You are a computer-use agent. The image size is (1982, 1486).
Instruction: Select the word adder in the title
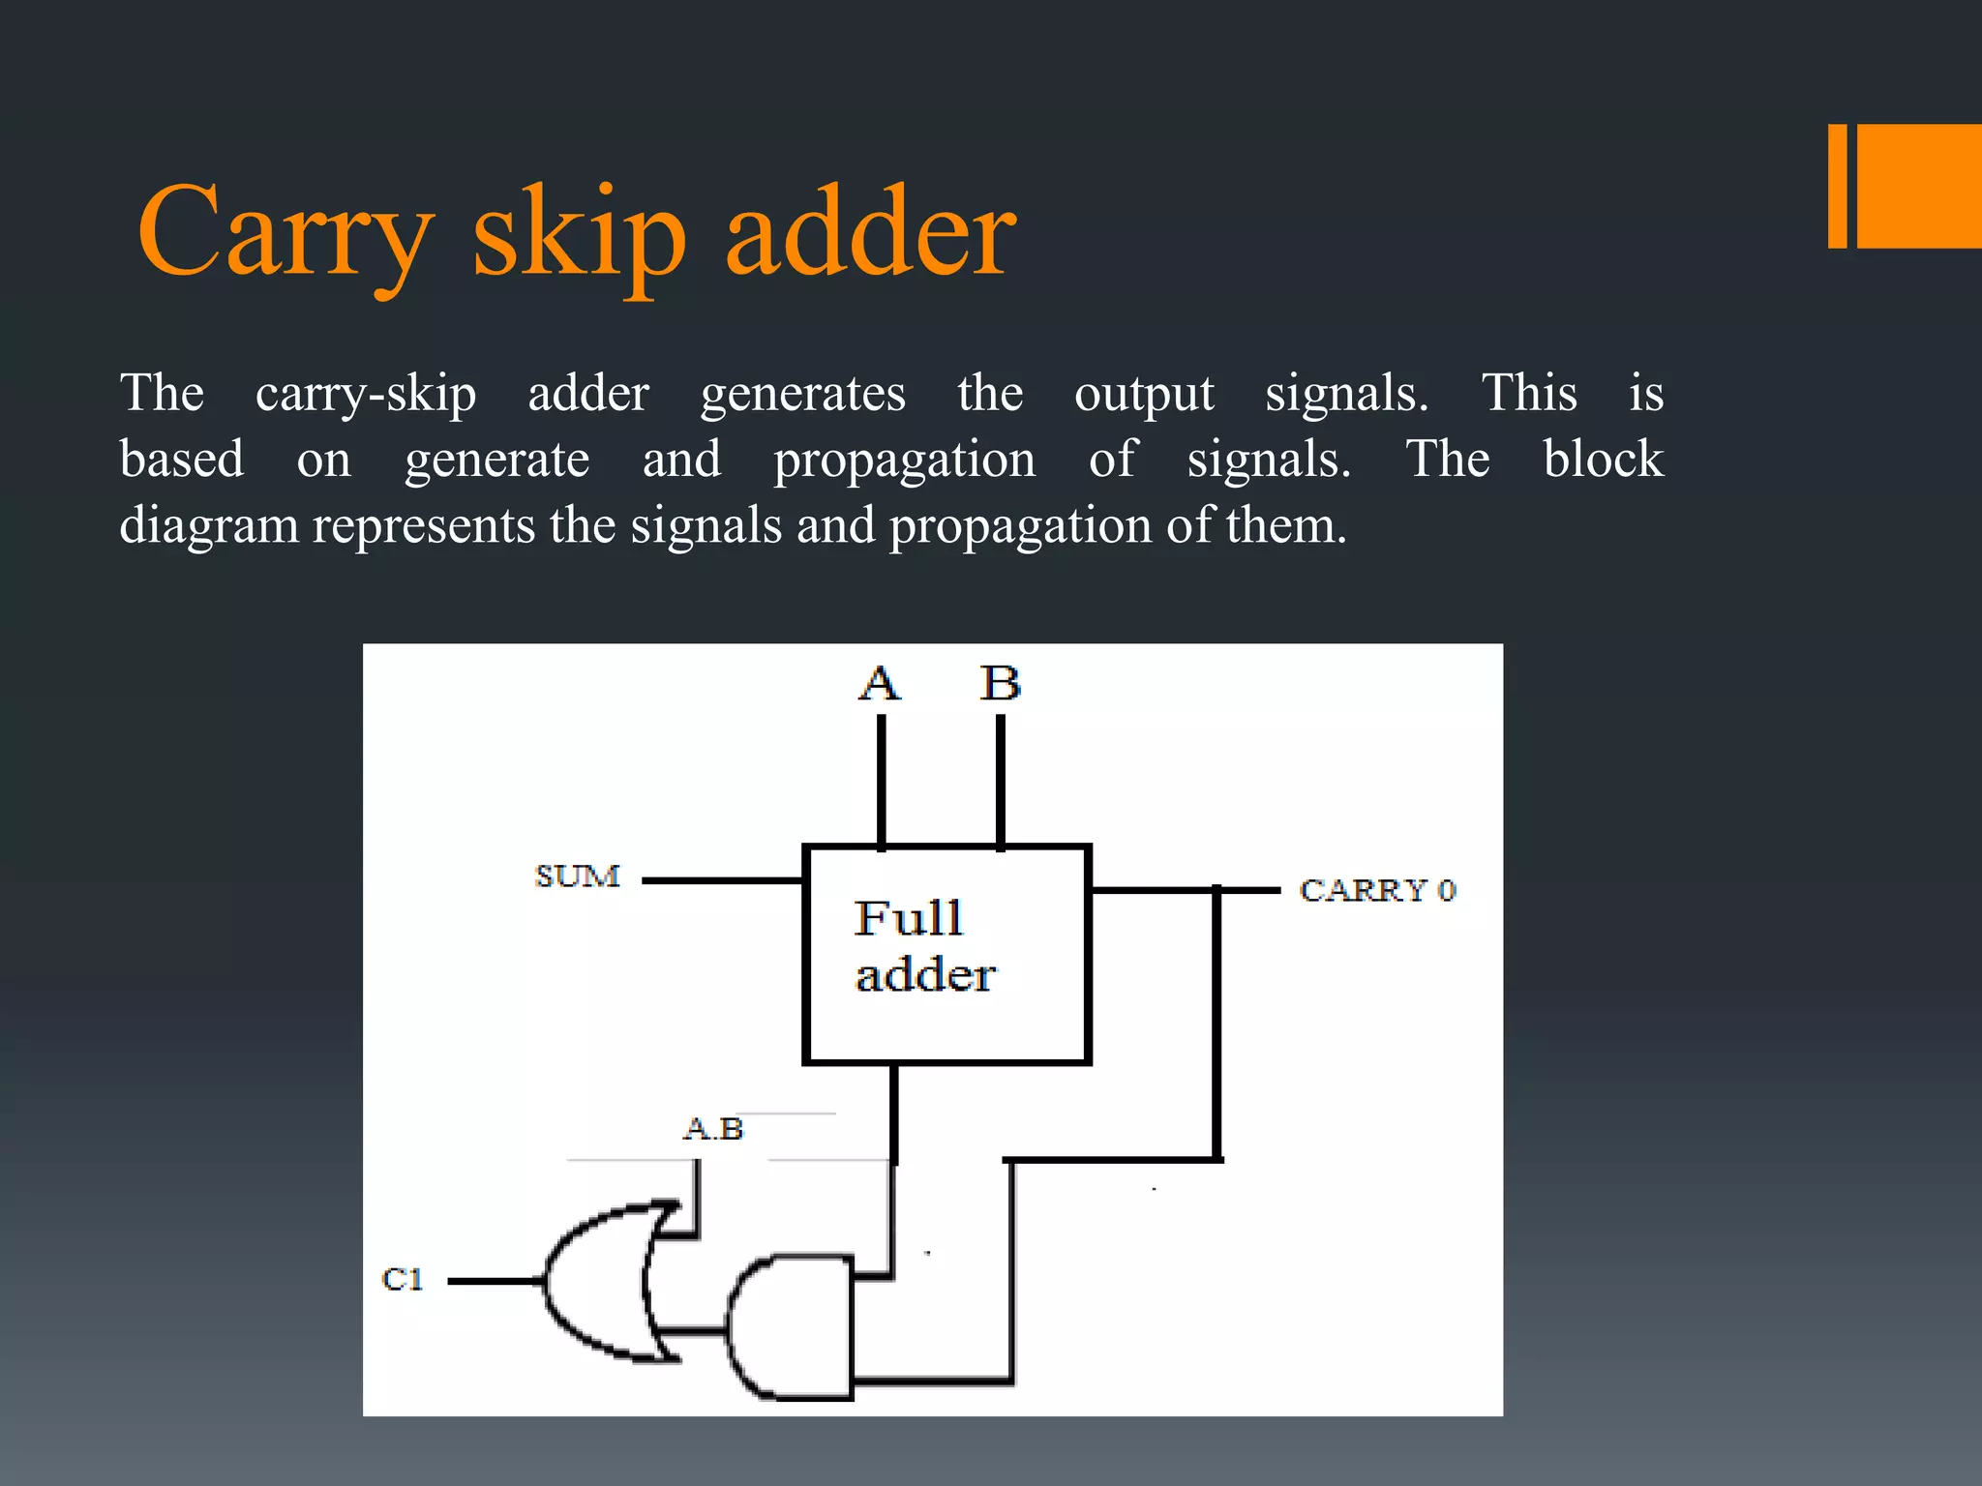870,232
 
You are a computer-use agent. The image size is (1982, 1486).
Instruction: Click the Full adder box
946,954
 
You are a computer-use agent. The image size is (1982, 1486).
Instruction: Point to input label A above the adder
880,683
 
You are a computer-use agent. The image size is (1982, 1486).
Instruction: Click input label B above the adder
1000,683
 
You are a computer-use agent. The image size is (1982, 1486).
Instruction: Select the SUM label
578,877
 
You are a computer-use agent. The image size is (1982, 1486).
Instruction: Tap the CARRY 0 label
1377,890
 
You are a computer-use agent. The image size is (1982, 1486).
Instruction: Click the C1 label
403,1279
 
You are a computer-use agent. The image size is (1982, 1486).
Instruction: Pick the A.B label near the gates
713,1129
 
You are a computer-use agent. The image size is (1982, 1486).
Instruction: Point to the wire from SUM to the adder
722,880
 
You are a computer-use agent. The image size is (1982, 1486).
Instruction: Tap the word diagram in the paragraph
209,526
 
